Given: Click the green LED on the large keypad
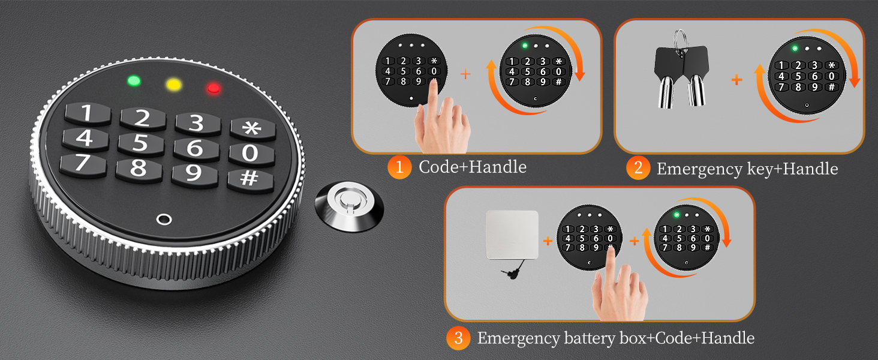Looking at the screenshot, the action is (x=134, y=81).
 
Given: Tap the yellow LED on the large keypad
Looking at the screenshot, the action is (x=174, y=85).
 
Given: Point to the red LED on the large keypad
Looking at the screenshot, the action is (x=214, y=88).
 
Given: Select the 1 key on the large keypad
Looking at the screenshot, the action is (x=88, y=114).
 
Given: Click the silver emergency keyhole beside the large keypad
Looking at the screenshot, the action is (x=349, y=205).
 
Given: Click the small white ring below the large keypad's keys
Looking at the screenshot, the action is (x=164, y=219).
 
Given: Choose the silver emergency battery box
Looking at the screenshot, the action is (x=512, y=235).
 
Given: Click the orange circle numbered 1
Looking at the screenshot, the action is (x=399, y=167).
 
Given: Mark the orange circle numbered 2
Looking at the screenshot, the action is (x=638, y=168).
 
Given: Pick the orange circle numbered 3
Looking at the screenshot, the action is (x=458, y=338).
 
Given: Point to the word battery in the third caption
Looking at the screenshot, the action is (x=591, y=338).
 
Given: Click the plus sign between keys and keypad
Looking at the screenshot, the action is (x=737, y=80).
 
